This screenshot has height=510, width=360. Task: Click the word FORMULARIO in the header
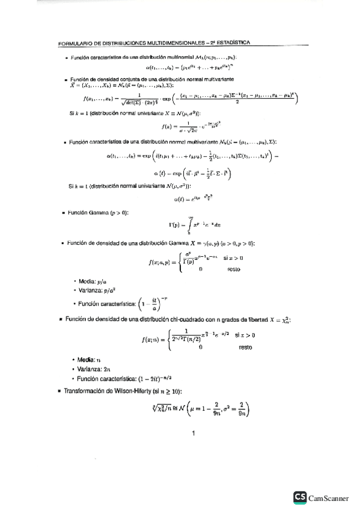tap(73, 43)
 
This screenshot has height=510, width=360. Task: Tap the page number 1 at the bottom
tap(194, 433)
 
